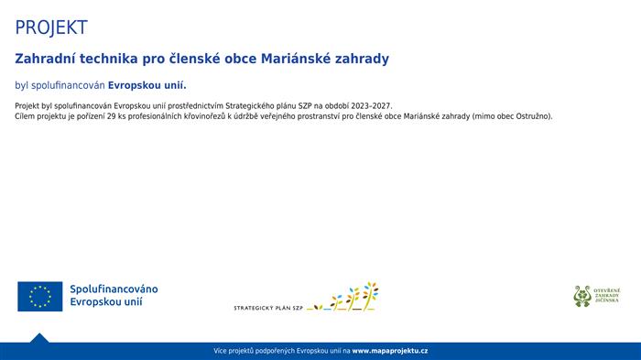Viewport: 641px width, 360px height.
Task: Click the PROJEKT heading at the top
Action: [51, 27]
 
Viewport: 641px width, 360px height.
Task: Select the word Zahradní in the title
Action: [44, 59]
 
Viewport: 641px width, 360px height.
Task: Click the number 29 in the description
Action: [111, 116]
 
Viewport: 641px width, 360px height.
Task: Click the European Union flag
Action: [39, 296]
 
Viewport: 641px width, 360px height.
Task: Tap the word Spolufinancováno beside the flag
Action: [114, 289]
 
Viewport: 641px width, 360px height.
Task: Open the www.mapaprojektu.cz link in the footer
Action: [390, 351]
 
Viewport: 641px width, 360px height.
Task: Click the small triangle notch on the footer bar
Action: [38, 338]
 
